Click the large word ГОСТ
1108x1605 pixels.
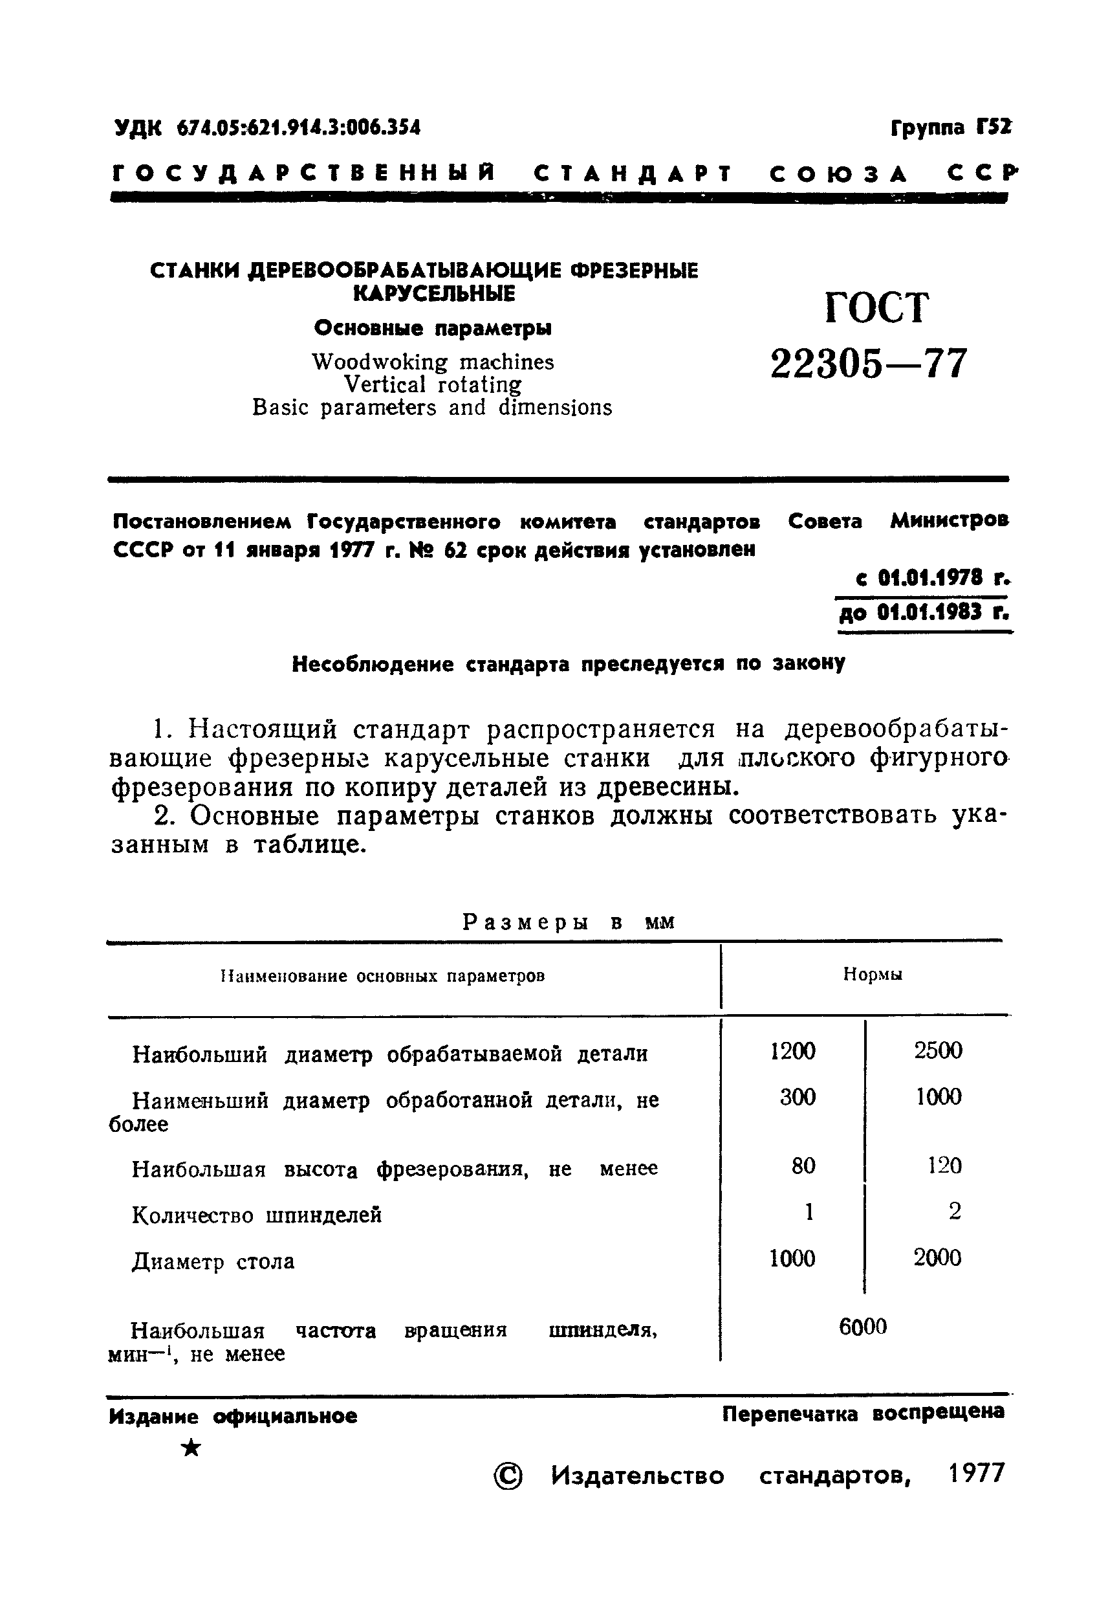[x=876, y=307]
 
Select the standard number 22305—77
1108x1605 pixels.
[x=869, y=363]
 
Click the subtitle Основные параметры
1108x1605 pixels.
[x=433, y=328]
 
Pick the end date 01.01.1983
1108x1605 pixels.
[x=928, y=612]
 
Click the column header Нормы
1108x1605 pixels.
[x=873, y=975]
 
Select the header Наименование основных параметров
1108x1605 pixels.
[x=382, y=976]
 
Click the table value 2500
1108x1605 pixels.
[x=938, y=1051]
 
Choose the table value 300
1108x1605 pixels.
[x=798, y=1098]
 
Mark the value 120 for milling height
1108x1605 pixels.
[x=944, y=1165]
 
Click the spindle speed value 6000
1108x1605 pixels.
[x=863, y=1327]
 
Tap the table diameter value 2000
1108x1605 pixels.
[x=937, y=1257]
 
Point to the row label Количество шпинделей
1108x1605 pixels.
[x=257, y=1215]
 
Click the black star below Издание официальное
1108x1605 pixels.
[x=190, y=1448]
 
